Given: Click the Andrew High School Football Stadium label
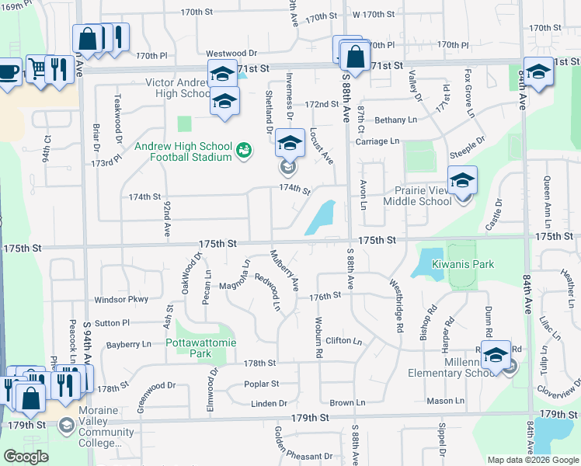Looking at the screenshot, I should (183, 151).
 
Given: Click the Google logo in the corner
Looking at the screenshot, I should (26, 456).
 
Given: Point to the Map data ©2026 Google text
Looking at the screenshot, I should (533, 460).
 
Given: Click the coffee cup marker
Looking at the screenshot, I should (8, 71).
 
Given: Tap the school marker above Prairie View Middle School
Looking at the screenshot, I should (462, 180).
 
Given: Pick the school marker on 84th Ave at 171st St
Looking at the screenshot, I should (537, 71).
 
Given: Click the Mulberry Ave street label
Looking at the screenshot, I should (284, 270).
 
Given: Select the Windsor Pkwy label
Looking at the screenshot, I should (120, 298).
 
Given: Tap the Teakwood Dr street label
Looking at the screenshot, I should (120, 112).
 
